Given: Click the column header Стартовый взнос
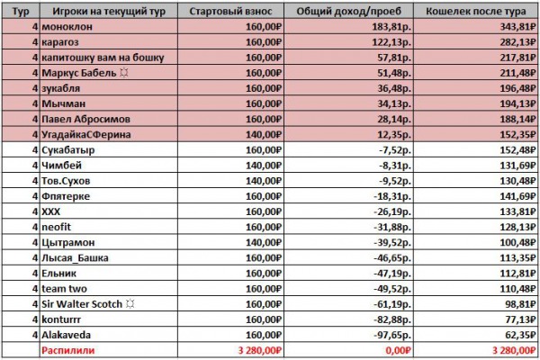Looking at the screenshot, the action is point(230,12).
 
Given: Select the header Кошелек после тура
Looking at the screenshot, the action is point(475,12).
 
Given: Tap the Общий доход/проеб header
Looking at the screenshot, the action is point(348,12).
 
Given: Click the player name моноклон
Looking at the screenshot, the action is point(67,26).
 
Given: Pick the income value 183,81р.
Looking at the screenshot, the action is point(391,26).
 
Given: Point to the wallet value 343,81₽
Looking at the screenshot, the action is point(517,26).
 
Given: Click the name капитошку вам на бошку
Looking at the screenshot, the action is point(103,58).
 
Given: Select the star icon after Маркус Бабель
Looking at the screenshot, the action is point(124,73).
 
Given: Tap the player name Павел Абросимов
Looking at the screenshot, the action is point(85,119).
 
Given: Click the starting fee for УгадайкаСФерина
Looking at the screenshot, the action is point(264,134).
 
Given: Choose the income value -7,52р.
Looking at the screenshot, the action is point(395,150).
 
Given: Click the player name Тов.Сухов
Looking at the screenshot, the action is point(66,181).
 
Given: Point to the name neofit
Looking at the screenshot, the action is point(56,227).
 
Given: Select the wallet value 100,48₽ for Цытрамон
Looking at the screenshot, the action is point(517,242).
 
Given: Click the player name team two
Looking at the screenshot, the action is point(64,289).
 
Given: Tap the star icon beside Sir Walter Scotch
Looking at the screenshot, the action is point(130,304).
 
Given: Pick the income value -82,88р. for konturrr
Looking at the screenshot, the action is point(392,319).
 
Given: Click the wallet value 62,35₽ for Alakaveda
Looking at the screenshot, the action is point(520,335).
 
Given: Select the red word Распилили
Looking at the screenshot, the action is point(67,350).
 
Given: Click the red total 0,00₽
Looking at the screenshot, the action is point(399,350).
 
